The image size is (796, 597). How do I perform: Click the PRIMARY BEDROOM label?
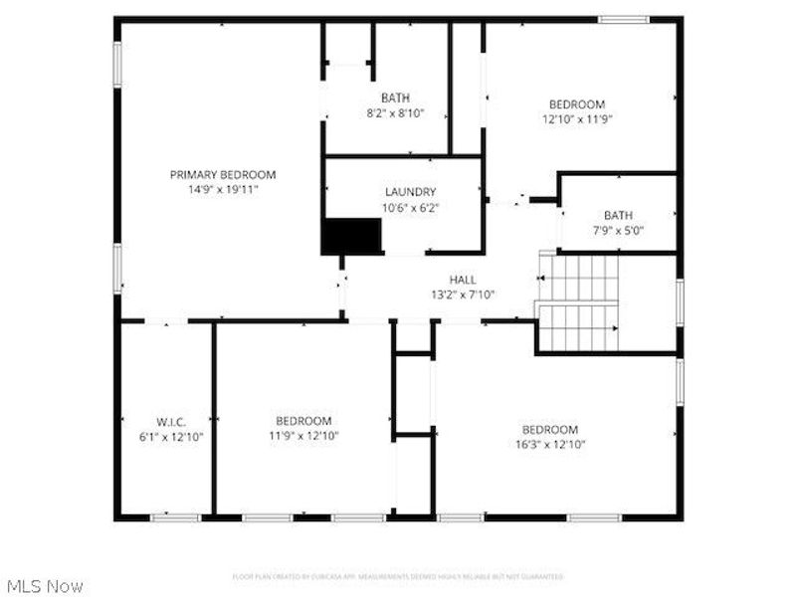tap(222, 174)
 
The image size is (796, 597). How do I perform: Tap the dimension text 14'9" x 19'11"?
tap(222, 188)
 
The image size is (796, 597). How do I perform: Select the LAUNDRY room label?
tap(410, 192)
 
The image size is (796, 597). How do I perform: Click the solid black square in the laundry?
tap(351, 236)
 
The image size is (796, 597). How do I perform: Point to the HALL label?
tap(463, 280)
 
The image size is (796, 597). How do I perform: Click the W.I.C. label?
tap(170, 422)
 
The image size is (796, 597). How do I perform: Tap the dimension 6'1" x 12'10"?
tap(170, 436)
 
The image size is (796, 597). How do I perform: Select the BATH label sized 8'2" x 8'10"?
tap(395, 98)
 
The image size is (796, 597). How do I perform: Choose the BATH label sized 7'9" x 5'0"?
tap(617, 215)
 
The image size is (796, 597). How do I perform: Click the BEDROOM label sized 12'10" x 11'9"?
tap(577, 104)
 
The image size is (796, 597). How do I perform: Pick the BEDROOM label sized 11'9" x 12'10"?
tap(303, 421)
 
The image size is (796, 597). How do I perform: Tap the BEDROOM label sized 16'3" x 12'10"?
tap(549, 430)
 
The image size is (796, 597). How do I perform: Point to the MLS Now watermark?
tap(45, 586)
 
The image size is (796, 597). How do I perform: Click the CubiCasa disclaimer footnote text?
tap(398, 576)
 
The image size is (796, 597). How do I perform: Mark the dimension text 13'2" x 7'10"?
tap(463, 295)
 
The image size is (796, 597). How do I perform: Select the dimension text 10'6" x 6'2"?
tap(410, 208)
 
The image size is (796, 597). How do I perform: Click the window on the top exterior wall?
tap(624, 19)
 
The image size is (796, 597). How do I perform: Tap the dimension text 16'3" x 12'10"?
tap(549, 445)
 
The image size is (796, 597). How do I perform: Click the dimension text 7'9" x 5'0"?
tap(617, 230)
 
